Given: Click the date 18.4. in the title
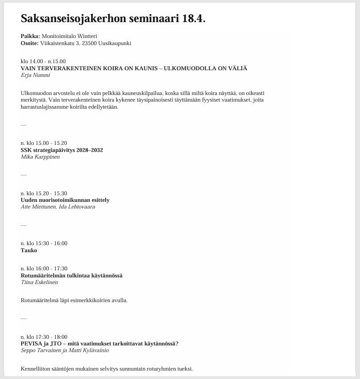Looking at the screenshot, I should (194, 19).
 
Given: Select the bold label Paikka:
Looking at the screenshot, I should (30, 36).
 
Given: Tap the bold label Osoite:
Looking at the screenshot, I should (30, 43).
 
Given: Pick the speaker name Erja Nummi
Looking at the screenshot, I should (35, 75).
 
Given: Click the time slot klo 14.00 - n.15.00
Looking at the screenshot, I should (43, 61).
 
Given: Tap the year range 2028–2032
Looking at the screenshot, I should (90, 150).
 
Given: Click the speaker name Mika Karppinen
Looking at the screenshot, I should (40, 157).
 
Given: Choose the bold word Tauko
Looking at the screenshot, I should (29, 250).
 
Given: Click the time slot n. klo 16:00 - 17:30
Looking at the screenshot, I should (44, 269).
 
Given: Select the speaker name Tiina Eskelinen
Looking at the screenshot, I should (39, 282).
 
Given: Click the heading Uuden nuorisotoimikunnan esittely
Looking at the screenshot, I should (65, 200).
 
